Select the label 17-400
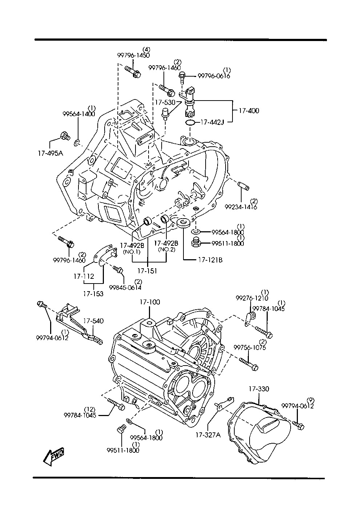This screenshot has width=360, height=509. click(x=249, y=111)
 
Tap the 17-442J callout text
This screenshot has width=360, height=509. click(x=212, y=122)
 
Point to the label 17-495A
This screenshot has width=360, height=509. click(x=50, y=153)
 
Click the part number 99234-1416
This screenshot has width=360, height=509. click(x=241, y=207)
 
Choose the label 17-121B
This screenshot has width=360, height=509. click(x=211, y=260)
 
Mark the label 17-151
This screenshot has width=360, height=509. click(x=147, y=271)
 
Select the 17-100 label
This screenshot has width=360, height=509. click(x=149, y=302)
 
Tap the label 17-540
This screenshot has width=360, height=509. click(x=93, y=321)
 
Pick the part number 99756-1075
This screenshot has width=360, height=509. click(x=250, y=347)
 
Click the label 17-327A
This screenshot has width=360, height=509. click(x=208, y=435)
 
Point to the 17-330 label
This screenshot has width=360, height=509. click(x=259, y=389)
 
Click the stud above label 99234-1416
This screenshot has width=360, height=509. click(x=243, y=187)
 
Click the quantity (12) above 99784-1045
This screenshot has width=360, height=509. click(x=90, y=409)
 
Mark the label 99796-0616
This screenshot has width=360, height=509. click(x=214, y=76)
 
